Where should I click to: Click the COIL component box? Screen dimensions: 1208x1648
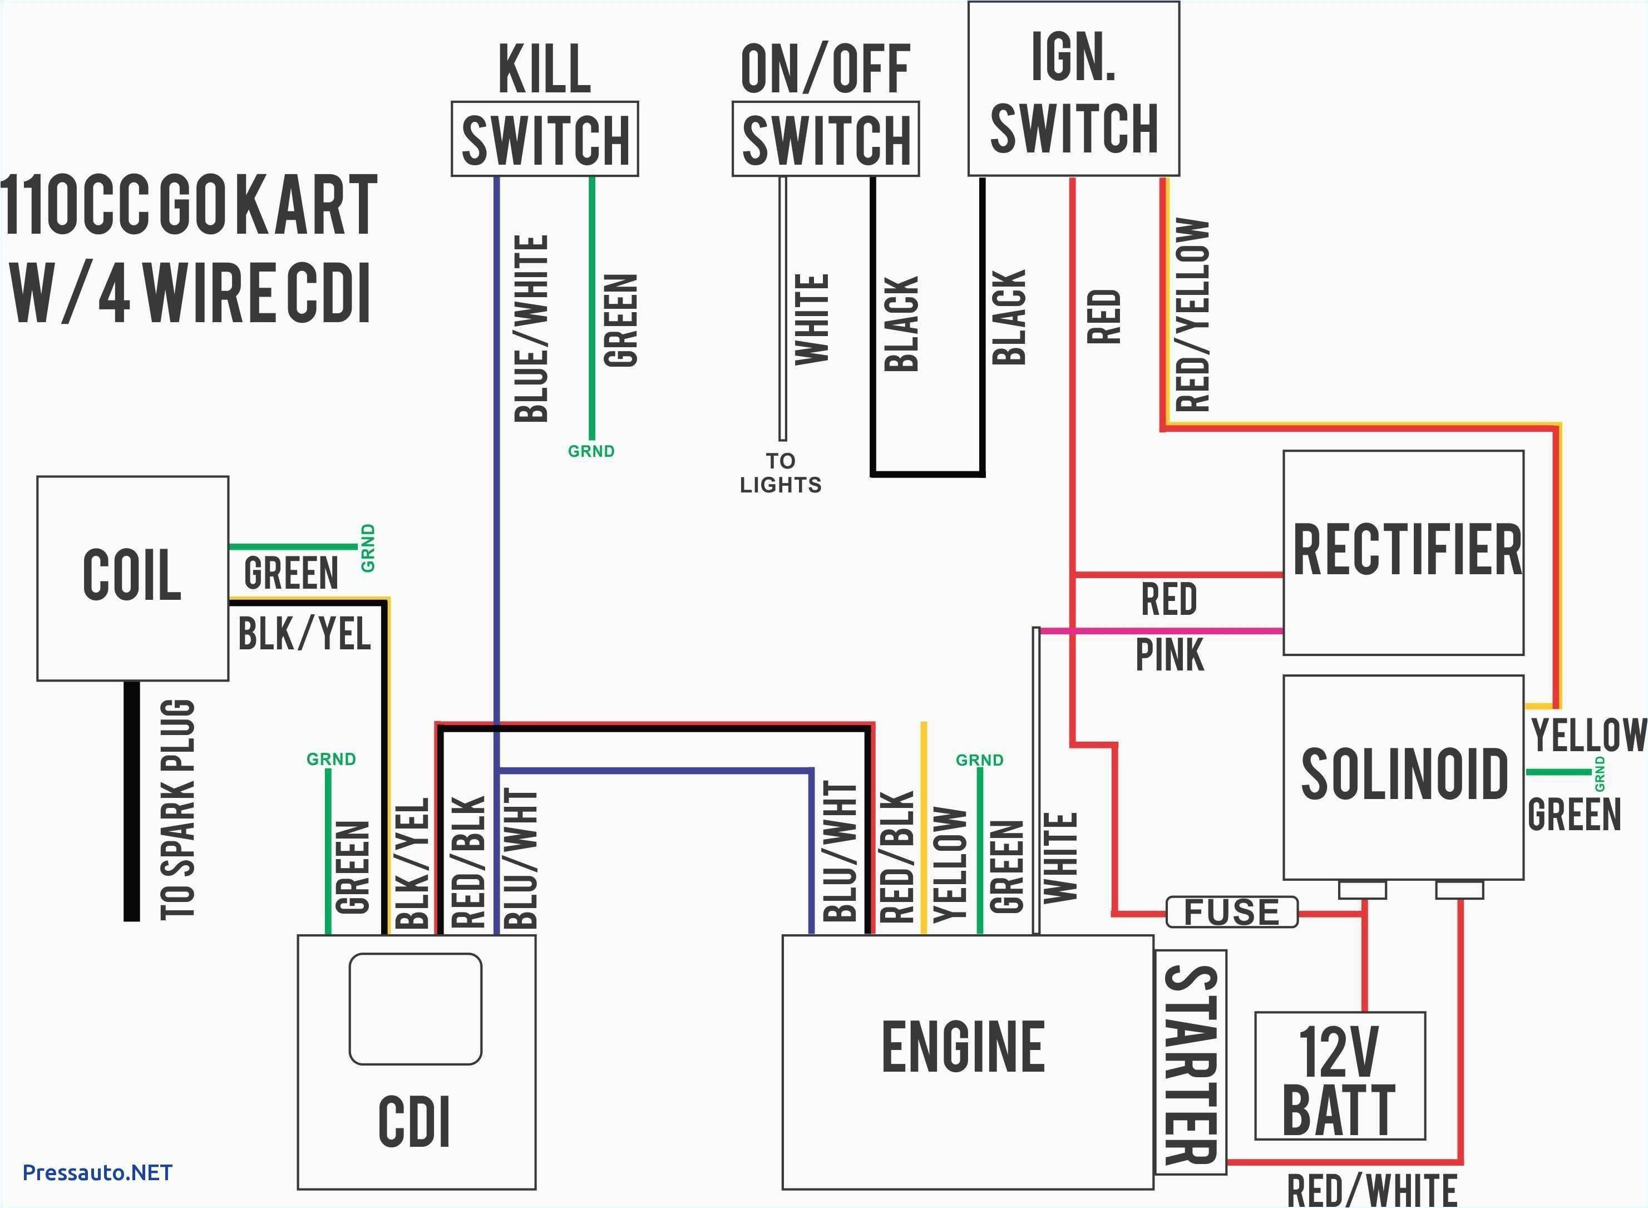click(132, 578)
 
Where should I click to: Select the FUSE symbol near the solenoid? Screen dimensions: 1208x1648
click(1231, 912)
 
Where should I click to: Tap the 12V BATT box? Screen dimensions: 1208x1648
click(1339, 1076)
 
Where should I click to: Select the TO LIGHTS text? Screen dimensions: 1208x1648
click(780, 472)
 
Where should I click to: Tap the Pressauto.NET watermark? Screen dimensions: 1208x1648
click(97, 1173)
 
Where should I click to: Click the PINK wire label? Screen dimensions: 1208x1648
click(1169, 654)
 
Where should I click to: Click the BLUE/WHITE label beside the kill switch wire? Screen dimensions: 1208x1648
click(531, 329)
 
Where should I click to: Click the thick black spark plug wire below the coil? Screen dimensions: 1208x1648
click(132, 801)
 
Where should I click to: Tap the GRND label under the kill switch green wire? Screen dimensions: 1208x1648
click(591, 451)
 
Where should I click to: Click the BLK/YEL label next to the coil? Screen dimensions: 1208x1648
click(304, 633)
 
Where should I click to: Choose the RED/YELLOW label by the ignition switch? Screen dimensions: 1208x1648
click(1192, 314)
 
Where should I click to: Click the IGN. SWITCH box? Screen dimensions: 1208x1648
click(1073, 88)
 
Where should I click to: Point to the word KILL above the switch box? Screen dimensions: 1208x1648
click(544, 69)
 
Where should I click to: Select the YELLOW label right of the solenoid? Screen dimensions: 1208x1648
click(1588, 735)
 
